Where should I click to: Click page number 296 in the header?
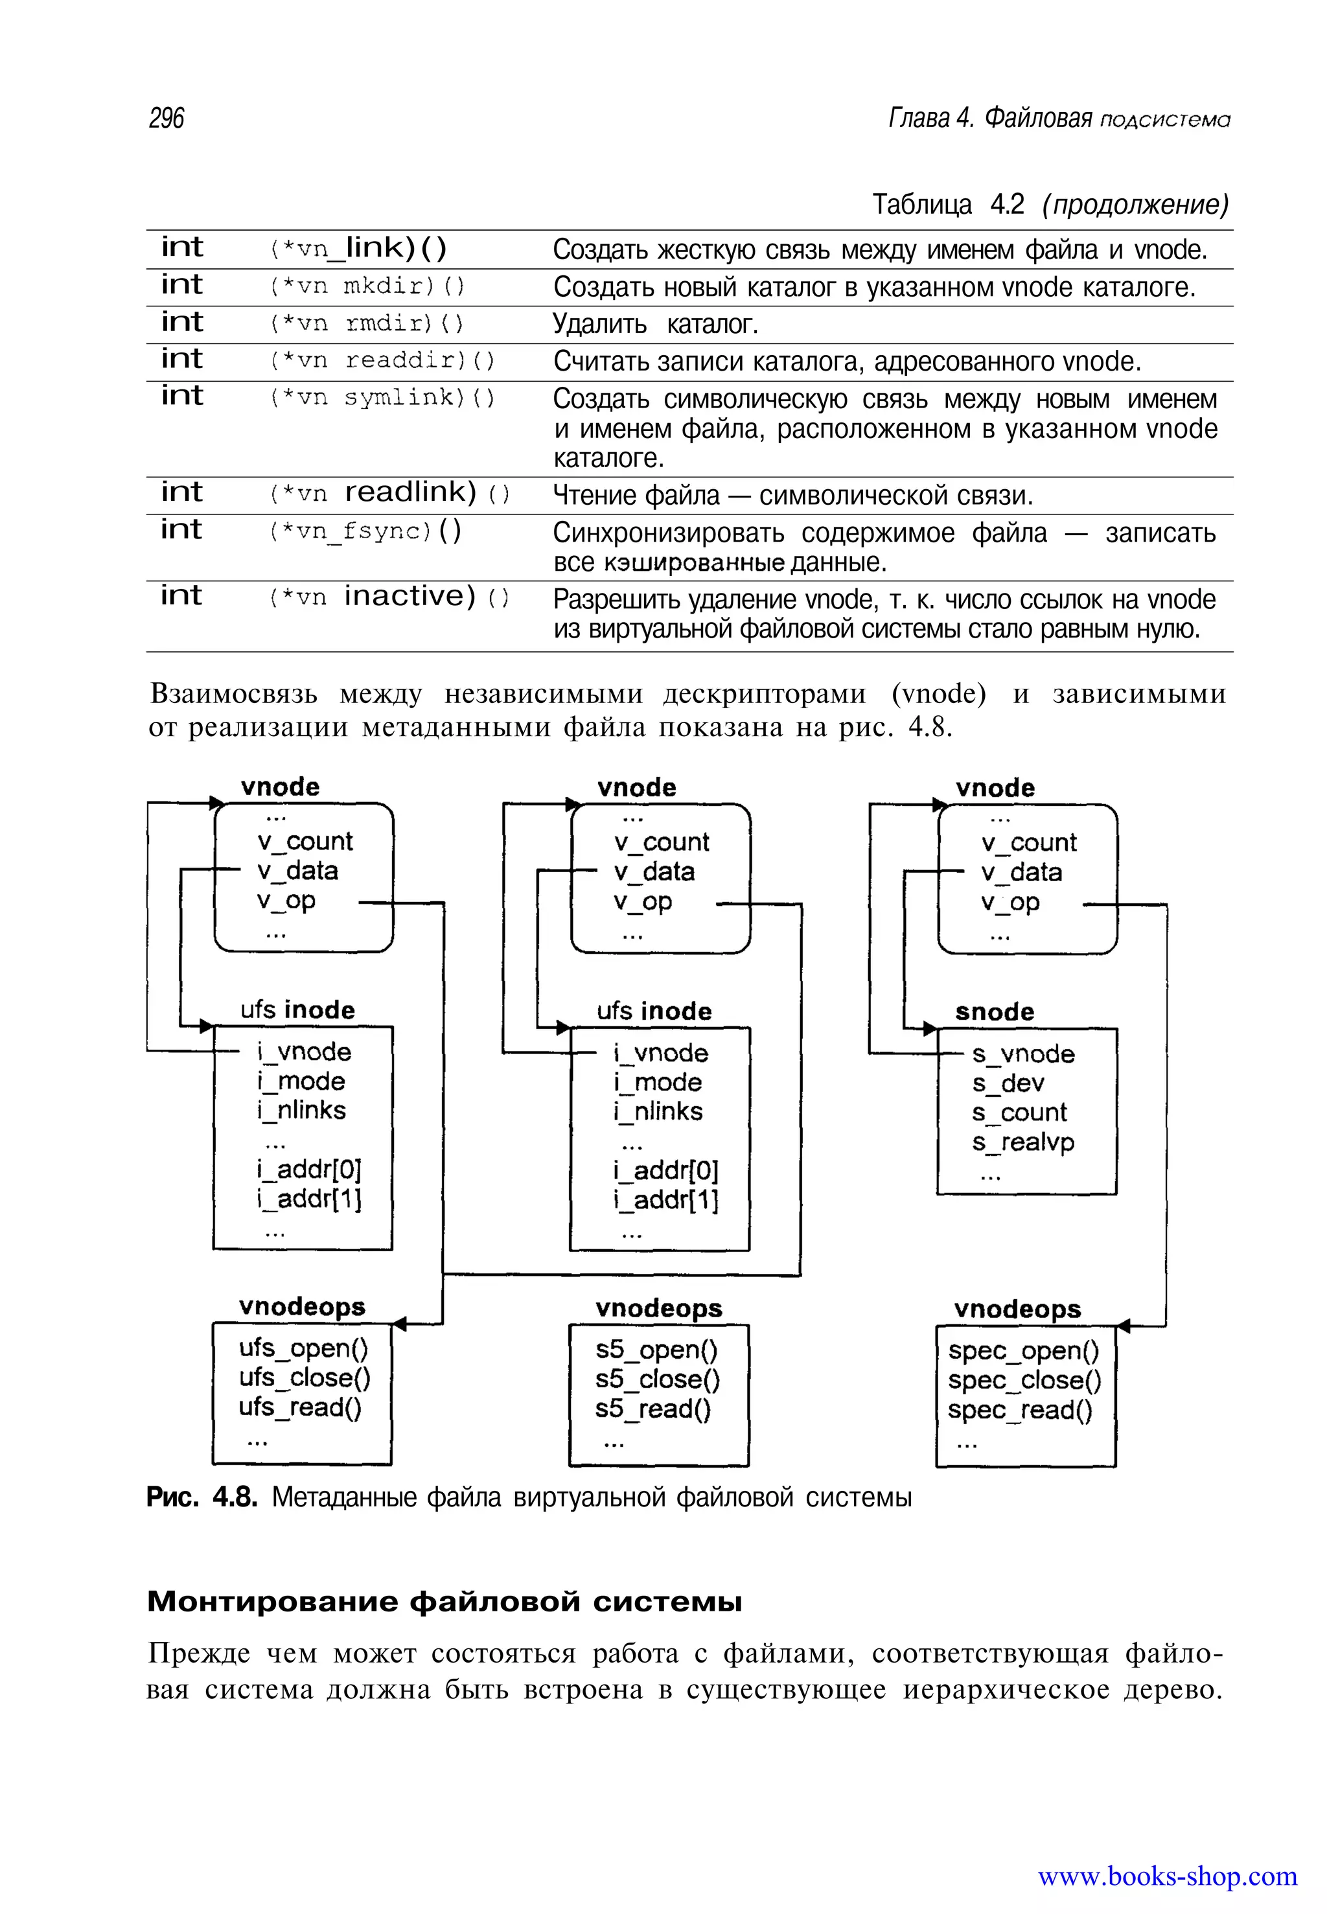click(x=167, y=118)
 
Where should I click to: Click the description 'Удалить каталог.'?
click(x=655, y=324)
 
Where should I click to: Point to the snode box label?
click(x=995, y=1012)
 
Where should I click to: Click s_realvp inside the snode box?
click(x=1022, y=1142)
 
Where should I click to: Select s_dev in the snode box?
click(x=1008, y=1083)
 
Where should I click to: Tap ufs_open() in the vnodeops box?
click(x=303, y=1348)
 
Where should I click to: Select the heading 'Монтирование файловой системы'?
click(x=444, y=1600)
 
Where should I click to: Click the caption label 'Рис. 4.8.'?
click(x=202, y=1497)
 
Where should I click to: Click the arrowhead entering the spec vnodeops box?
click(x=1124, y=1325)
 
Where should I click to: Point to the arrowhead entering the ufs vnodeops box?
click(x=399, y=1324)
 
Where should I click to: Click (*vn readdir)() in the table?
click(x=382, y=360)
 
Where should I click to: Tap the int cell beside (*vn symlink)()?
click(x=182, y=396)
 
